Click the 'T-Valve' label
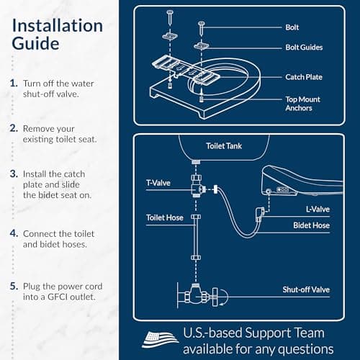[x=159, y=183]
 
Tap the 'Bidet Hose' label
[x=311, y=225]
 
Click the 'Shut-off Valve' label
[x=306, y=289]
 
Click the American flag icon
[x=160, y=338]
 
